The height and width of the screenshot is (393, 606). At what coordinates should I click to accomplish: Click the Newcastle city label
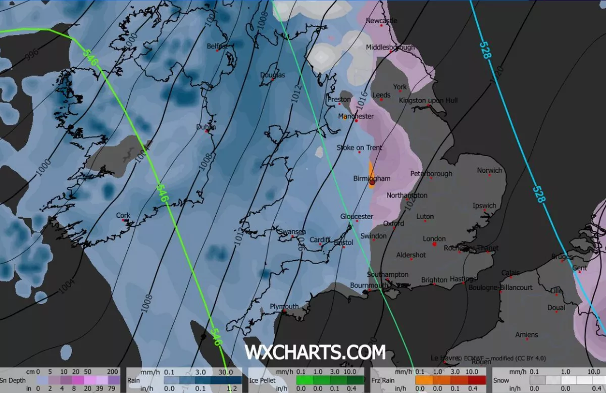[x=381, y=21]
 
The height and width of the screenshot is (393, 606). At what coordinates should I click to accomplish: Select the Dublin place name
[x=205, y=127]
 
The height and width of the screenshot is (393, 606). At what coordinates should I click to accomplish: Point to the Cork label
[x=123, y=215]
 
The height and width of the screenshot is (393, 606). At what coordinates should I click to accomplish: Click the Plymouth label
[x=284, y=307]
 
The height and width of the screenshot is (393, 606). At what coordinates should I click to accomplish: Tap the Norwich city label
[x=489, y=170]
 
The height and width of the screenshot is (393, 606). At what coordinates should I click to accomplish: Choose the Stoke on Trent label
[x=360, y=148]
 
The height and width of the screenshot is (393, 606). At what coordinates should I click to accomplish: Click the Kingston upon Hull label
[x=428, y=101]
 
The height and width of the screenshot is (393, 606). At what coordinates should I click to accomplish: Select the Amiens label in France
[x=527, y=334]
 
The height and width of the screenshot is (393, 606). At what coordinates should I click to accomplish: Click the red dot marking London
[x=434, y=244]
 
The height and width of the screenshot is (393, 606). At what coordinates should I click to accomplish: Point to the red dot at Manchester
[x=357, y=121]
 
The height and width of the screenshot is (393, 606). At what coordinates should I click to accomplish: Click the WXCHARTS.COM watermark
[x=315, y=352]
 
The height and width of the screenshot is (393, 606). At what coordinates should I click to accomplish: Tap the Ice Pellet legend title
[x=262, y=380]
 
